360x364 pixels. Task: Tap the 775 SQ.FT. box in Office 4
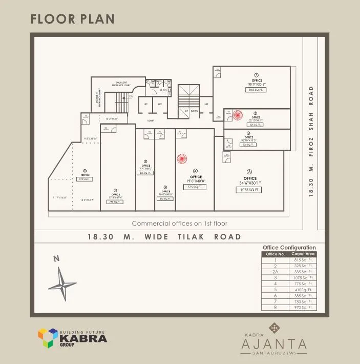(195, 187)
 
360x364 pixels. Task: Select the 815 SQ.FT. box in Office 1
(256, 90)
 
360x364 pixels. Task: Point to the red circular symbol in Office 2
(237, 115)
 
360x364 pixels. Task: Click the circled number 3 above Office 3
(249, 172)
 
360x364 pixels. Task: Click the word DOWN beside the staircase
(194, 111)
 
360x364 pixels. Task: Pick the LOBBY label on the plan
(151, 121)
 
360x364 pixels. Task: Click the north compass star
(62, 284)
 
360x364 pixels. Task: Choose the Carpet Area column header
(303, 254)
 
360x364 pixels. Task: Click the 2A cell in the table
(275, 272)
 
